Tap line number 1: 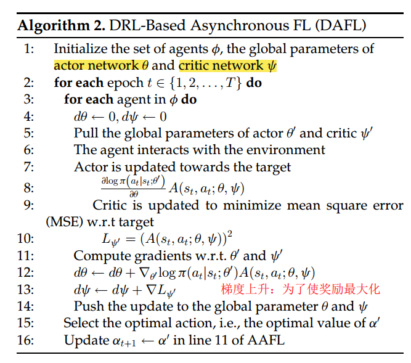29,49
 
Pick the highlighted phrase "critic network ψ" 227,65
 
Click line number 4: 29,116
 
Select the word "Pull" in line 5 85,133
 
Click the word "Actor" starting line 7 90,166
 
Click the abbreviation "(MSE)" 63,221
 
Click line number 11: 29,255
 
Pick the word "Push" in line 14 86,306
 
